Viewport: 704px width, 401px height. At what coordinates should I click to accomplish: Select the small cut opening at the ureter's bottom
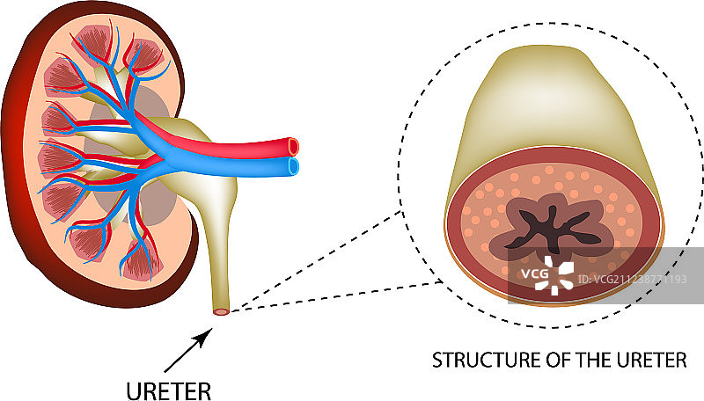[x=222, y=310]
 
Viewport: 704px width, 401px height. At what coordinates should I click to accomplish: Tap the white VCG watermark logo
[x=557, y=275]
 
